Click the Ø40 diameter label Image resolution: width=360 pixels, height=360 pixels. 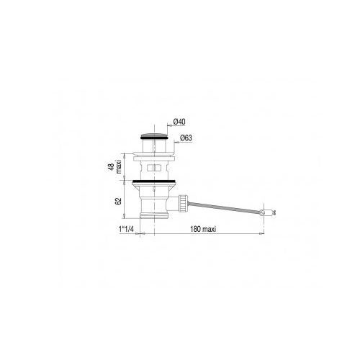[179, 122]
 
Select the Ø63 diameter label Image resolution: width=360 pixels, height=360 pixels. [186, 138]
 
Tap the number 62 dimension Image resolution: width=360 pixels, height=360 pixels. [118, 201]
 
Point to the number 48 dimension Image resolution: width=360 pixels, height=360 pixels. [112, 167]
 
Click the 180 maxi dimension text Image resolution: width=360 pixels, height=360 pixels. [203, 229]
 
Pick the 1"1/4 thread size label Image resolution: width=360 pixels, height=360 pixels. [126, 229]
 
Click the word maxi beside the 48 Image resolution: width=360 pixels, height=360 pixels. [118, 166]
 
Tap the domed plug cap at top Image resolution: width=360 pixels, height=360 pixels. [153, 133]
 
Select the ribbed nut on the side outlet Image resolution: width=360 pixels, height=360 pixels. [182, 203]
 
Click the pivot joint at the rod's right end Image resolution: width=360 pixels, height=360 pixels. [262, 212]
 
